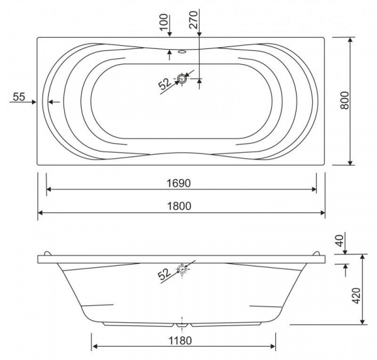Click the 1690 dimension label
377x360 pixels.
pyautogui.click(x=178, y=183)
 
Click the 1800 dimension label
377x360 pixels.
pyautogui.click(x=179, y=206)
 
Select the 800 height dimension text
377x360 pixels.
pyautogui.click(x=344, y=101)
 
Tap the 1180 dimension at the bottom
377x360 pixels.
pyautogui.click(x=180, y=341)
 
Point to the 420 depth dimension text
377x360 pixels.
pyautogui.click(x=357, y=295)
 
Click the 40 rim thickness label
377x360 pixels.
pyautogui.click(x=340, y=241)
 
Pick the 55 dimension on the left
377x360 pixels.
pyautogui.click(x=19, y=97)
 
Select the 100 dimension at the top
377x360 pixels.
pyautogui.click(x=164, y=22)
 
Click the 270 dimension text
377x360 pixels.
pyautogui.click(x=193, y=20)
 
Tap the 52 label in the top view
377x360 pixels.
pyautogui.click(x=165, y=84)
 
